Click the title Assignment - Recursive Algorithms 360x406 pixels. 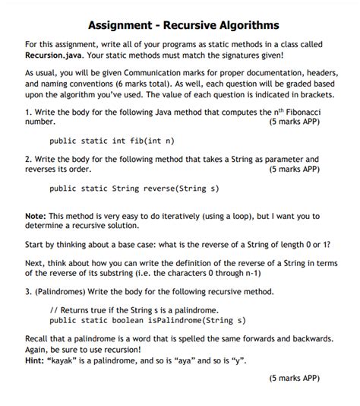coord(179,25)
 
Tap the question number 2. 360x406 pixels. coord(28,159)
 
